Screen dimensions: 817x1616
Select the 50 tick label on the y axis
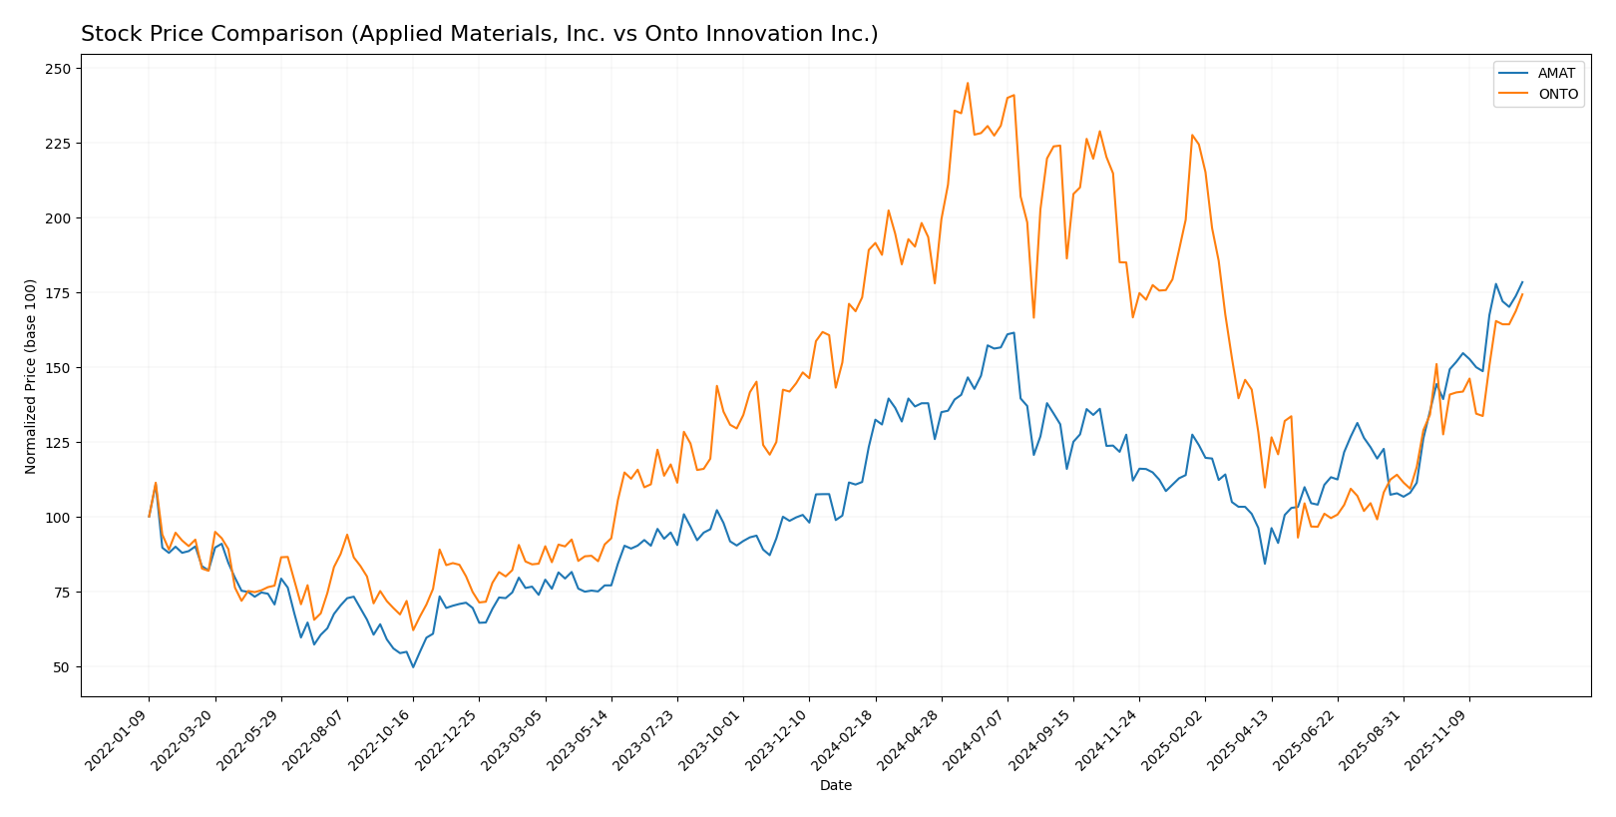(62, 667)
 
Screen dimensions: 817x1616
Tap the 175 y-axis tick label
(58, 293)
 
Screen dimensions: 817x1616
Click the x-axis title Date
(836, 786)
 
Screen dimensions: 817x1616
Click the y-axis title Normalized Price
(31, 376)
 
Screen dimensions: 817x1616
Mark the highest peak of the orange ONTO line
(968, 83)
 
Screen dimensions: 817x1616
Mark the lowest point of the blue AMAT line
(413, 667)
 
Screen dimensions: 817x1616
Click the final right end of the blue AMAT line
(1522, 282)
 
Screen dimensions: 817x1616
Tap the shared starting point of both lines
(150, 517)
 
